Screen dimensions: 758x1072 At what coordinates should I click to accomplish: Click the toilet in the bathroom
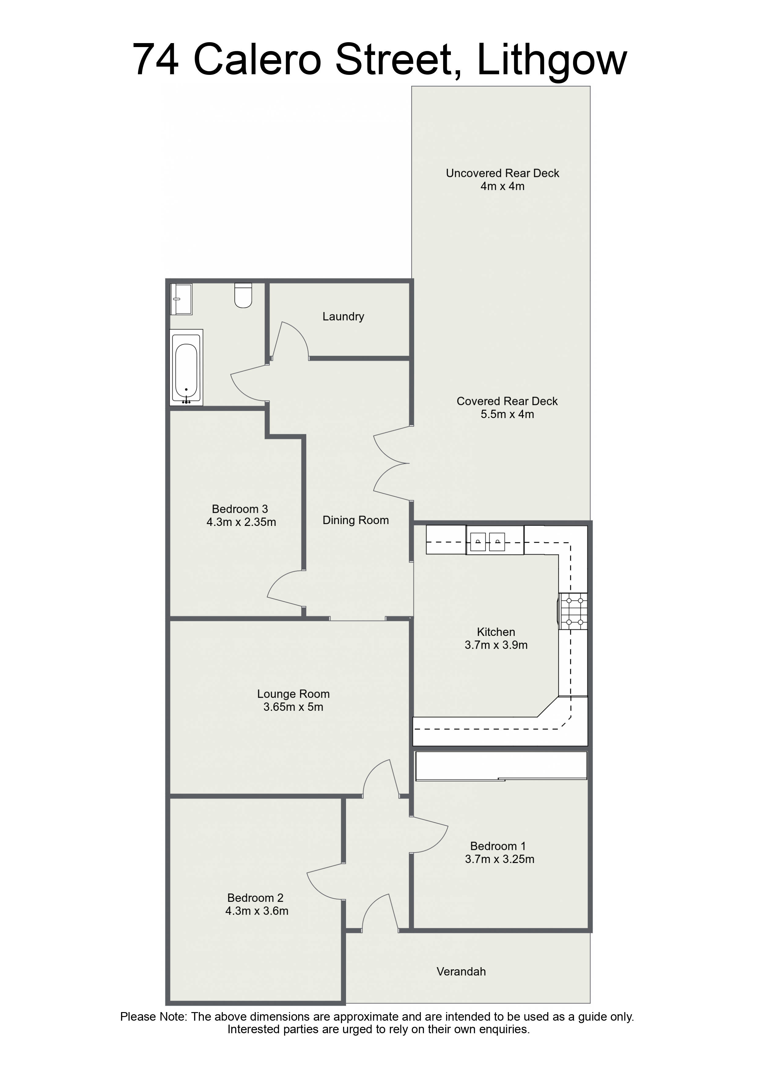(243, 295)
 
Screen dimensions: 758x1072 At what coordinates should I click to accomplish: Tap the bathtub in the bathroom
(186, 367)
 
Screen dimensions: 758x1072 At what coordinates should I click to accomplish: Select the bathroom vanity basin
(181, 299)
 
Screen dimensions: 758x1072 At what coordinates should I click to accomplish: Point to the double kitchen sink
(487, 542)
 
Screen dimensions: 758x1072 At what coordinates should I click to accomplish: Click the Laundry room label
(343, 317)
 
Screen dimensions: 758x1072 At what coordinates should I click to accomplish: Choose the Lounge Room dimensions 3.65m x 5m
(293, 707)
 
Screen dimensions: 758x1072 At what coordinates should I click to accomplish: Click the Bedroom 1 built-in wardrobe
(501, 766)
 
